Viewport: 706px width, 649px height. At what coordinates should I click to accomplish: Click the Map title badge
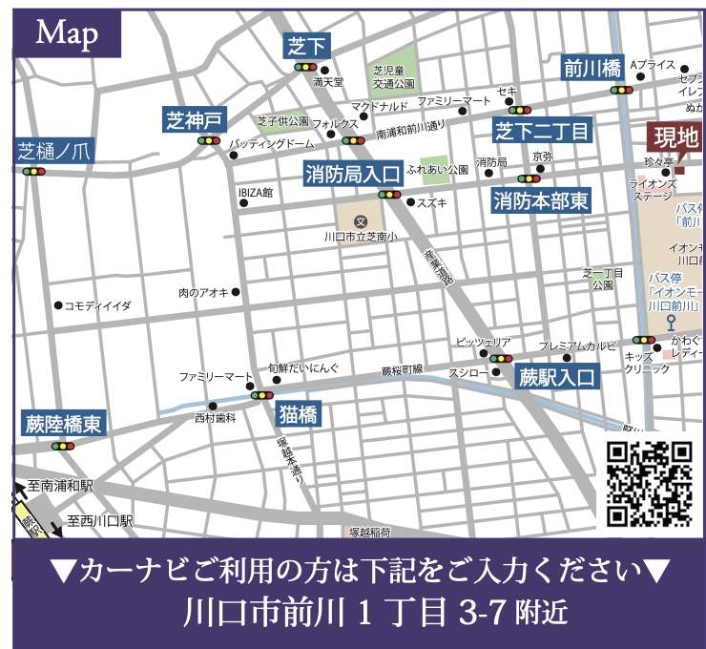tap(66, 33)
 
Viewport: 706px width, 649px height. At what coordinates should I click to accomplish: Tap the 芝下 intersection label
tap(306, 45)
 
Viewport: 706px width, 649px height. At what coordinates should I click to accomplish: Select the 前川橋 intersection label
tap(592, 68)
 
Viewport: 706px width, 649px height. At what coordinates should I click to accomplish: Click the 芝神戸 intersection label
tap(196, 120)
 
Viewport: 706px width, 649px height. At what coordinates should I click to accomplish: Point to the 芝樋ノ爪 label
tap(52, 151)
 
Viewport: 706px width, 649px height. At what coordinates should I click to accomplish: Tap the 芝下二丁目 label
tap(542, 130)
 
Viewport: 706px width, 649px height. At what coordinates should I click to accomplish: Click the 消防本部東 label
tap(540, 200)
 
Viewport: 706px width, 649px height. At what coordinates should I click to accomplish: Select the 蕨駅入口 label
tap(556, 376)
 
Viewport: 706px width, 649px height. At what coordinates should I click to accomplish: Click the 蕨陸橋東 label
tap(63, 424)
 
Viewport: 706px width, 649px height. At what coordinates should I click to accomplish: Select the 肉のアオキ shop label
tap(203, 292)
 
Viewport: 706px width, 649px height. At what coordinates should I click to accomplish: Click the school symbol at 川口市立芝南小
tap(360, 221)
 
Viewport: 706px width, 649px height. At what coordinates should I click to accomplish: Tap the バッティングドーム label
tap(272, 143)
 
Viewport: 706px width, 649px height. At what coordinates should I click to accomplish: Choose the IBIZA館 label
tap(256, 193)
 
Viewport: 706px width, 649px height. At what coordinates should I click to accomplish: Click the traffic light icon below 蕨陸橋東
tap(63, 446)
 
